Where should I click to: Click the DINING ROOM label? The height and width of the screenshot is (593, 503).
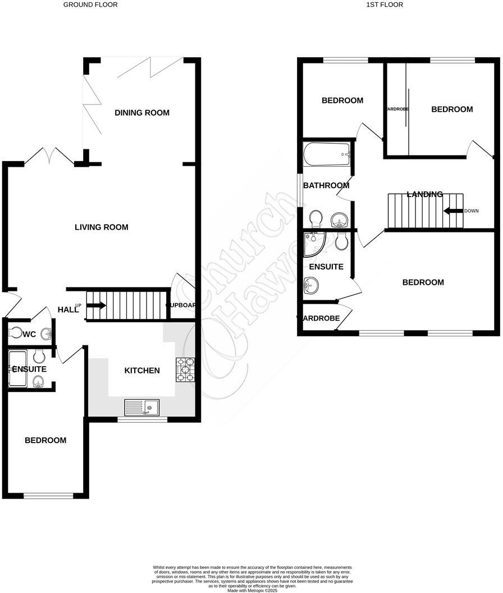142,113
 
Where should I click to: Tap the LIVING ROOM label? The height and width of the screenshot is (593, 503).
102,227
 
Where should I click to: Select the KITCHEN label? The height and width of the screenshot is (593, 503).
142,371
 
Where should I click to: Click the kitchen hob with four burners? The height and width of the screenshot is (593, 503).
185,370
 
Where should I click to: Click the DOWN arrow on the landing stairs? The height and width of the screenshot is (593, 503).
452,211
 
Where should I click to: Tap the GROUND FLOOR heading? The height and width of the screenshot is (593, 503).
90,4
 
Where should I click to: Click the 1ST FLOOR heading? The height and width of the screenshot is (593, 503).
385,4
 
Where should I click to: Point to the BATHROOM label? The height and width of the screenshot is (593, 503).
326,186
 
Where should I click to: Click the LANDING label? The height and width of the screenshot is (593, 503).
425,194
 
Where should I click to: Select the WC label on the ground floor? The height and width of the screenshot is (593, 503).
30,335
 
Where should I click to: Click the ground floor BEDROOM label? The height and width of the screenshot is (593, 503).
45,440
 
